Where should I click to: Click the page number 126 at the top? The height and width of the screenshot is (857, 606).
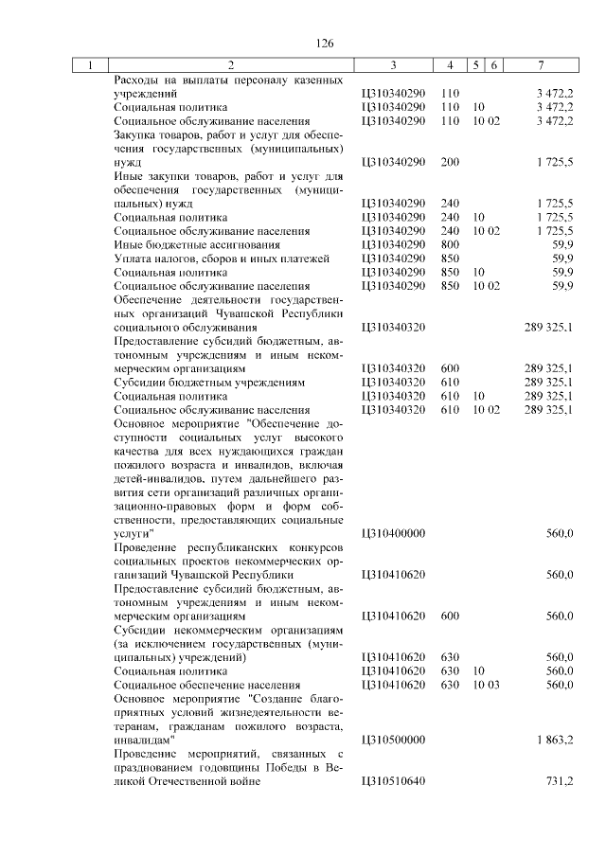(326, 44)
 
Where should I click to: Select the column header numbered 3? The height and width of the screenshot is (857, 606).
(393, 65)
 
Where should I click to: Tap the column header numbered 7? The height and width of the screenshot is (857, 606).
(540, 65)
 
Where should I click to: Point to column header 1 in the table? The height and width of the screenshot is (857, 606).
(90, 65)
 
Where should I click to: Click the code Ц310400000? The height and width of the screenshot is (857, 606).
(393, 533)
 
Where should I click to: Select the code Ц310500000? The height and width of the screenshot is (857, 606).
(393, 739)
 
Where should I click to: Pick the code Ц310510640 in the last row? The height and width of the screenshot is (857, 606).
(393, 780)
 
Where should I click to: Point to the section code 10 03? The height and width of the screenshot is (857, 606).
(487, 684)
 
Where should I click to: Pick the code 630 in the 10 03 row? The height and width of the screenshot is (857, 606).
(450, 684)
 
